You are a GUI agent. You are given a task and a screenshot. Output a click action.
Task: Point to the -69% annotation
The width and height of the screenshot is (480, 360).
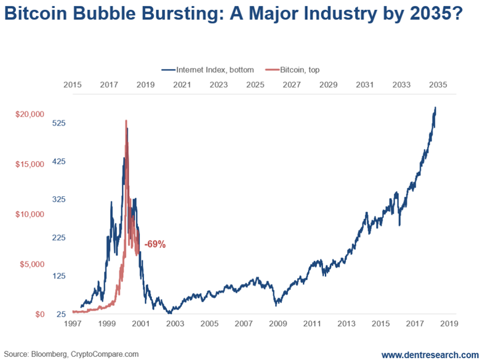click(x=155, y=244)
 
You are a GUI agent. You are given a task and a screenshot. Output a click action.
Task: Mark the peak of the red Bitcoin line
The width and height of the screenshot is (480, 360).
click(x=126, y=121)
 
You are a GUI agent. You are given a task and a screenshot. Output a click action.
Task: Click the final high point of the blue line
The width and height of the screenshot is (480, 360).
click(x=435, y=108)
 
